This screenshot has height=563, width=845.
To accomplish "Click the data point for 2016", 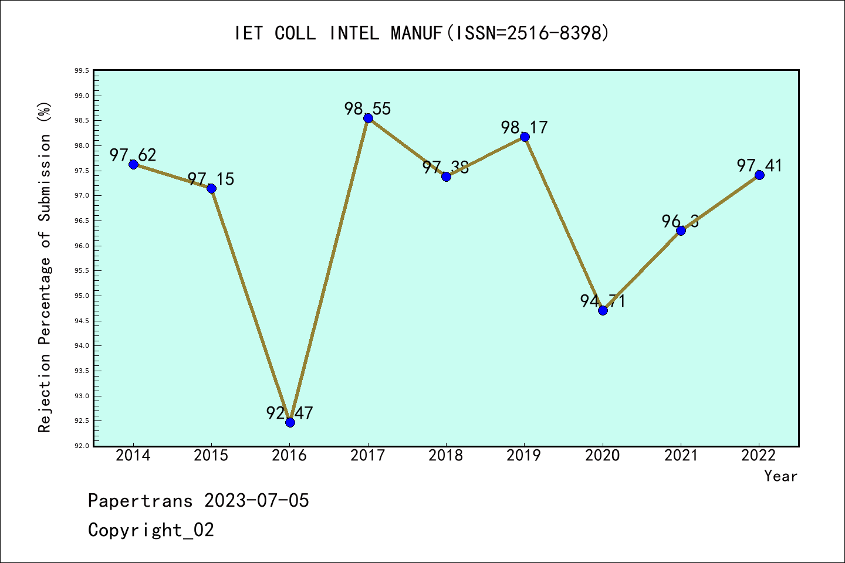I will point(290,422).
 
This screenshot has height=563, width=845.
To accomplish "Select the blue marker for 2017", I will point(368,118).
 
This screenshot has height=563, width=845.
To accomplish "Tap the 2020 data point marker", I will point(603,310).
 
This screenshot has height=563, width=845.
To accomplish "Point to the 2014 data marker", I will point(133,164).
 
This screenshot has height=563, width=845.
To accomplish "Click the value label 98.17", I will point(524,127).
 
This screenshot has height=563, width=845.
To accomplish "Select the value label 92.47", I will point(289,413).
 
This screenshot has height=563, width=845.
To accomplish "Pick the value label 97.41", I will point(759,165).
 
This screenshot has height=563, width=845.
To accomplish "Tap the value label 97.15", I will point(211,179).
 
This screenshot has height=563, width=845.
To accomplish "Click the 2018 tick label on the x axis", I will point(446,456).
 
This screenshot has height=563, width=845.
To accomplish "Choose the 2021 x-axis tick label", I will point(681,456).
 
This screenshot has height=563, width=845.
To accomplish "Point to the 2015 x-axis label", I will point(211,456).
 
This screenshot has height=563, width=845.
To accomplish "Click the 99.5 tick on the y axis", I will point(82,71).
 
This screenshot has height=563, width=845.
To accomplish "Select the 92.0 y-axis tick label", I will point(82,446).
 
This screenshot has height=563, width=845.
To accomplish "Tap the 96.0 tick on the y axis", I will point(82,246).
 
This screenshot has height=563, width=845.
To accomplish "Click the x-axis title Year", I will point(780,476).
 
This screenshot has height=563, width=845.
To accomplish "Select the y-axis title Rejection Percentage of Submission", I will point(45,267).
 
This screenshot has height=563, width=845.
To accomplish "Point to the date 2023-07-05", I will point(256,501).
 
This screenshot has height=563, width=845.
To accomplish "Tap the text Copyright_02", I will point(151,530).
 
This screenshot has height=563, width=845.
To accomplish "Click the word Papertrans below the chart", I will point(140,501).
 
